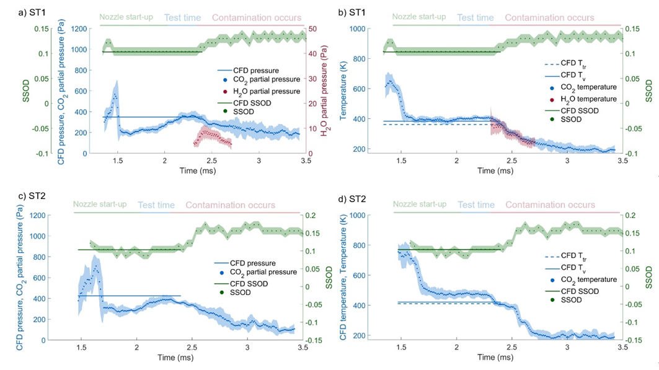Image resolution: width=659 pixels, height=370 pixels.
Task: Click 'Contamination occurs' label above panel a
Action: coord(257,18)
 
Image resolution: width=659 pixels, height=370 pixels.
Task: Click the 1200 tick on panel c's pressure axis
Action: coord(59,216)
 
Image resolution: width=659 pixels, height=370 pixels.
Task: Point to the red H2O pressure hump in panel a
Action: coord(213,133)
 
